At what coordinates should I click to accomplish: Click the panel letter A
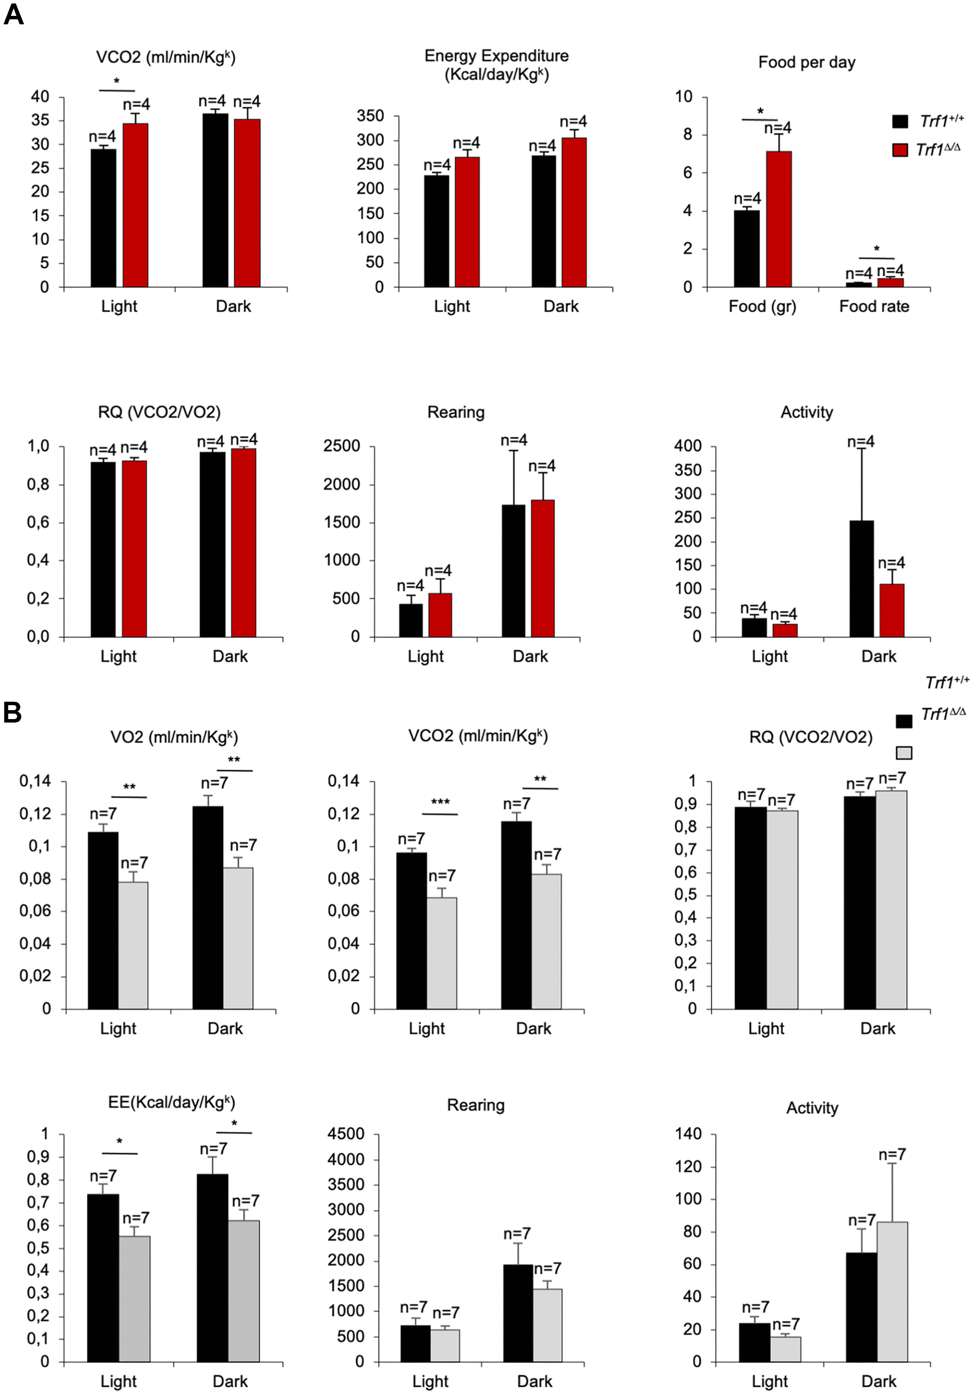[x=13, y=13]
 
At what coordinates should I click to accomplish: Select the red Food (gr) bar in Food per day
[x=779, y=219]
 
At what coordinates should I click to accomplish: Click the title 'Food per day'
[x=806, y=62]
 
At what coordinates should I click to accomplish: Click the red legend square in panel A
[x=900, y=149]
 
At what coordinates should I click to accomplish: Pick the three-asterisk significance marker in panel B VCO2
[x=440, y=802]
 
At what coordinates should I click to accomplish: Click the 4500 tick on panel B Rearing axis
[x=345, y=1134]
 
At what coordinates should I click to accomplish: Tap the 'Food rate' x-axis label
[x=874, y=306]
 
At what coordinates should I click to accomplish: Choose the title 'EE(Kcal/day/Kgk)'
[x=171, y=1102]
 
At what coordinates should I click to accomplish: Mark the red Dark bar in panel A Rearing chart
[x=542, y=568]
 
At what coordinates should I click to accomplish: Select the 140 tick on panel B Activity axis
[x=688, y=1134]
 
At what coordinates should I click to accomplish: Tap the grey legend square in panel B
[x=904, y=753]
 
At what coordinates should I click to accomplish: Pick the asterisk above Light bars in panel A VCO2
[x=116, y=81]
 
